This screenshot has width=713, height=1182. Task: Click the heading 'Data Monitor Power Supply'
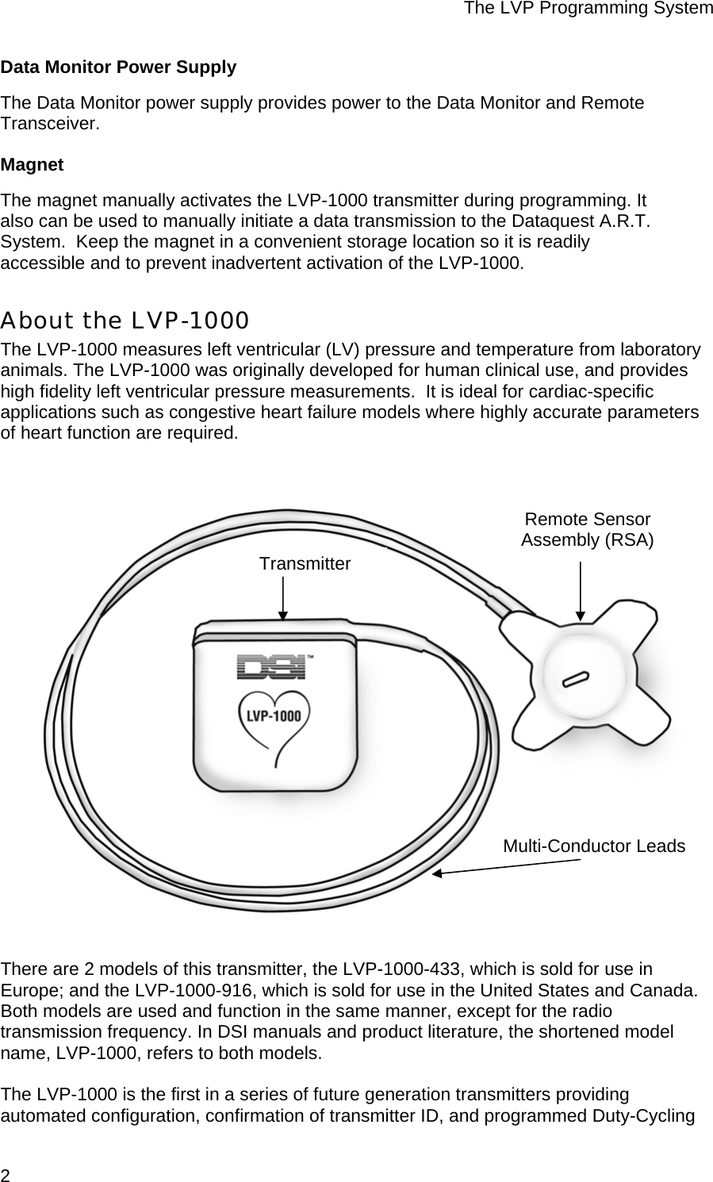pyautogui.click(x=118, y=67)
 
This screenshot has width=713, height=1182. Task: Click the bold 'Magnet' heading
pyautogui.click(x=32, y=165)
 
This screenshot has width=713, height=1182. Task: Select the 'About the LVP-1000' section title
pyautogui.click(x=125, y=320)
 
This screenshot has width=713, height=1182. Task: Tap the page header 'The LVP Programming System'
pyautogui.click(x=588, y=9)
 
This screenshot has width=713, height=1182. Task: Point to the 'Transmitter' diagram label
pyautogui.click(x=305, y=564)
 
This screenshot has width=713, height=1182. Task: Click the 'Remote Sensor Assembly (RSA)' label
pyautogui.click(x=587, y=530)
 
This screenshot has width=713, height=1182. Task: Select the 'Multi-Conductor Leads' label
pyautogui.click(x=594, y=846)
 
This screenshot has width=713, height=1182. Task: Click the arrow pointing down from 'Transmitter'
pyautogui.click(x=283, y=598)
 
